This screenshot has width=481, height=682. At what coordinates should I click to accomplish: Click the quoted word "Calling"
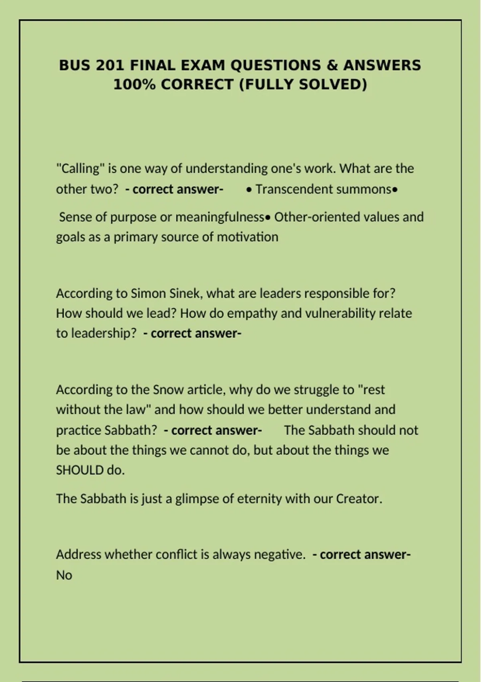pyautogui.click(x=80, y=168)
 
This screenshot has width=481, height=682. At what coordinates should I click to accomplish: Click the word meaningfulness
pyautogui.click(x=220, y=217)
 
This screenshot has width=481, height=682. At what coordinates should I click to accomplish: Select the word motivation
pyautogui.click(x=247, y=237)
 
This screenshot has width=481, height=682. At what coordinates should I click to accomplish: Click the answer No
pyautogui.click(x=64, y=575)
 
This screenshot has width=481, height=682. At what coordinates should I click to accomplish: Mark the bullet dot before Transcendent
pyautogui.click(x=249, y=190)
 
